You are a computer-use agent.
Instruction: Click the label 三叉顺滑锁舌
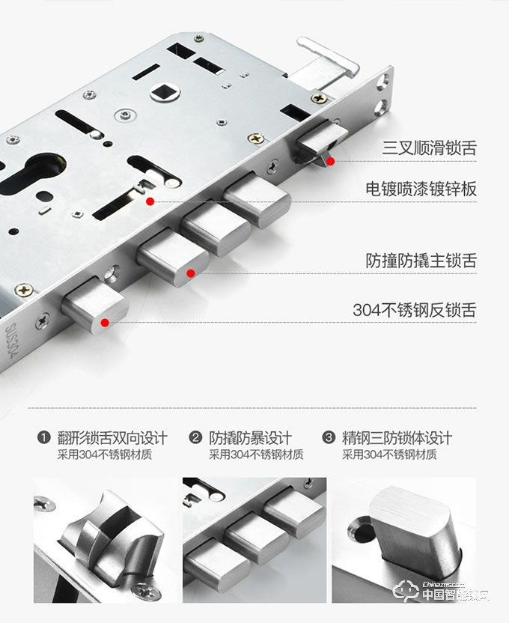tap(429, 148)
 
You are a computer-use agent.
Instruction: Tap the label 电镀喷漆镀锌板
tap(421, 189)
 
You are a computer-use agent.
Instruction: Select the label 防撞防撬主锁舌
tap(421, 261)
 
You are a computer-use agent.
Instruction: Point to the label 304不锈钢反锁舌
tap(415, 310)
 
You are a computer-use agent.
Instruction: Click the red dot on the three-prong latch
tap(330, 161)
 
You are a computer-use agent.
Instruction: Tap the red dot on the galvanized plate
tap(150, 201)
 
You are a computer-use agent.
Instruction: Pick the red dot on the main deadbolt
tap(191, 273)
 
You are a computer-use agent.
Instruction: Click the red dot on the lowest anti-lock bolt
tap(105, 323)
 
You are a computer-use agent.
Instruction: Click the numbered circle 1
tap(43, 437)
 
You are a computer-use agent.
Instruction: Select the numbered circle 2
tap(195, 437)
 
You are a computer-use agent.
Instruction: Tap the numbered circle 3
tap(329, 437)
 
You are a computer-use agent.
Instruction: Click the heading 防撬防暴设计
tap(251, 438)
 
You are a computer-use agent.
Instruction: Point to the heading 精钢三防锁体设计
tap(397, 438)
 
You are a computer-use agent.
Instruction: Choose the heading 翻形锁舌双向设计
tap(112, 438)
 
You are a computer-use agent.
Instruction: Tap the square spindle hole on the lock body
tap(165, 93)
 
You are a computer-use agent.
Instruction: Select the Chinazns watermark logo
tap(442, 591)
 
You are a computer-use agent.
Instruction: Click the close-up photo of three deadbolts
tap(254, 540)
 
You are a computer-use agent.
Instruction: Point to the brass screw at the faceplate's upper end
tap(319, 98)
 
